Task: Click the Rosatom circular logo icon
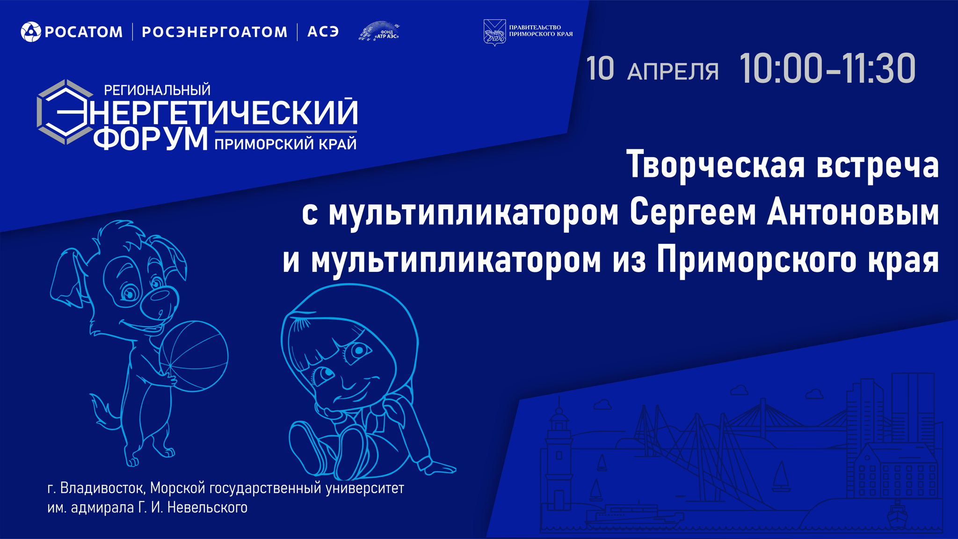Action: (x=31, y=32)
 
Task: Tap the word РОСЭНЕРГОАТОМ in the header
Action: (x=214, y=32)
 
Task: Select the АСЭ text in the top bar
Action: (x=323, y=32)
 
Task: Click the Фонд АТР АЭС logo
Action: (x=379, y=31)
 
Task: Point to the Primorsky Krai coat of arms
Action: (x=494, y=32)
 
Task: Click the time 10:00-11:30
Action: (x=827, y=69)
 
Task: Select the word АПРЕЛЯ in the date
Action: (x=673, y=72)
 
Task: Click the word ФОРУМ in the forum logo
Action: (x=151, y=139)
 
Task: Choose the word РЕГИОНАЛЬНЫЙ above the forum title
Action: (x=157, y=90)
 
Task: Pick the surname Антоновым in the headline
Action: (x=852, y=213)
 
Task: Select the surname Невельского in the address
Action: (x=207, y=508)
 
